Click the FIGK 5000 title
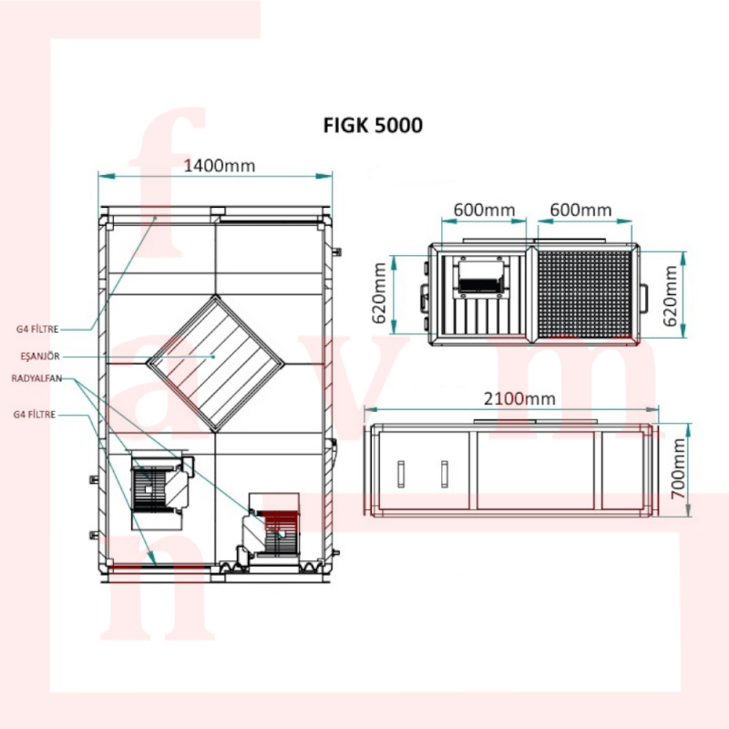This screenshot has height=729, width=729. [373, 126]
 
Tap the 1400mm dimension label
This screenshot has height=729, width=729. [220, 166]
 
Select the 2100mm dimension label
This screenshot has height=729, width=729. [519, 399]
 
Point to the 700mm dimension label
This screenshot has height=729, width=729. [679, 468]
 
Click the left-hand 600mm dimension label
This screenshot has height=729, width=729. [485, 210]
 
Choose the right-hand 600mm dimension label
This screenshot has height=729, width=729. [580, 210]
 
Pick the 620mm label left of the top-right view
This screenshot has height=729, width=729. [379, 293]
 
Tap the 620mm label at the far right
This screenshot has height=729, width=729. [670, 295]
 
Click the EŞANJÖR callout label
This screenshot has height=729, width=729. [40, 356]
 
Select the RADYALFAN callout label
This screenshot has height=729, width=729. [36, 378]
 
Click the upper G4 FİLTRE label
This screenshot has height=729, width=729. [37, 329]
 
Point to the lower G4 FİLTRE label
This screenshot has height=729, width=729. [35, 415]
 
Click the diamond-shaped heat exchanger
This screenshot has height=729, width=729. [215, 364]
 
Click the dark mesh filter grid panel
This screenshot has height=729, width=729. [585, 293]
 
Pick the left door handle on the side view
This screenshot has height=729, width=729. [401, 474]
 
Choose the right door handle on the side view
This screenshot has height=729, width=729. [445, 474]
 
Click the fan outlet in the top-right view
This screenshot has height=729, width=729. [482, 277]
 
